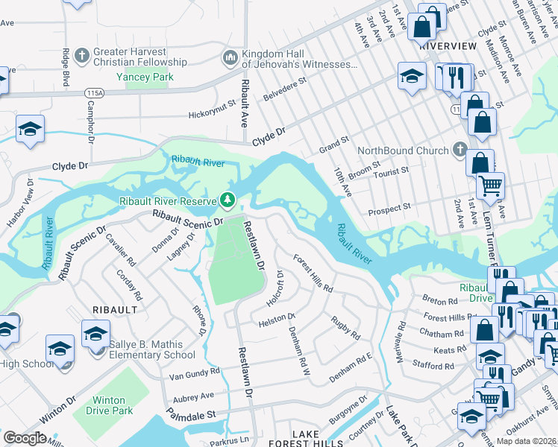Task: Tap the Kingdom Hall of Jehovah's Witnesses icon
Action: pyautogui.click(x=230, y=57)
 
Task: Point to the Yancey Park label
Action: pyautogui.click(x=147, y=77)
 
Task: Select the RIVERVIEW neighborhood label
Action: pyautogui.click(x=448, y=45)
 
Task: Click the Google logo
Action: pyautogui.click(x=25, y=438)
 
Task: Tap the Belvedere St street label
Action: pyautogui.click(x=285, y=89)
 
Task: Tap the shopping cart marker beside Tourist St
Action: pyautogui.click(x=490, y=185)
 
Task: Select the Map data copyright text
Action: pyautogui.click(x=525, y=440)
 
